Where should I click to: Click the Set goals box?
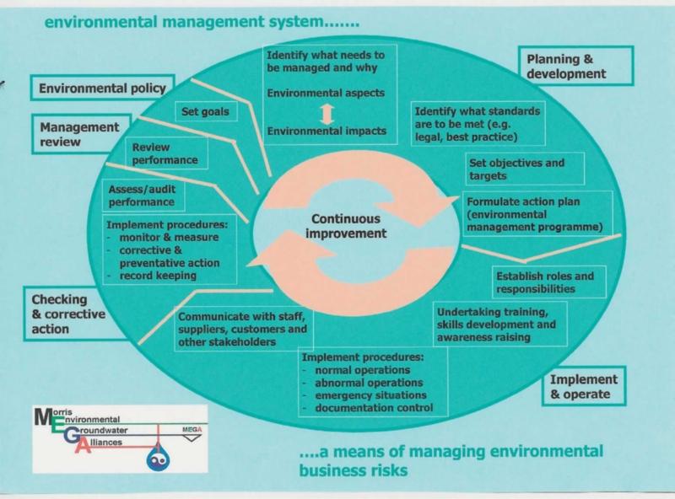(205, 110)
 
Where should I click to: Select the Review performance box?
(165, 153)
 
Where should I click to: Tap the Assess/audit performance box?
(141, 196)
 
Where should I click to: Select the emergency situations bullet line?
(370, 395)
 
